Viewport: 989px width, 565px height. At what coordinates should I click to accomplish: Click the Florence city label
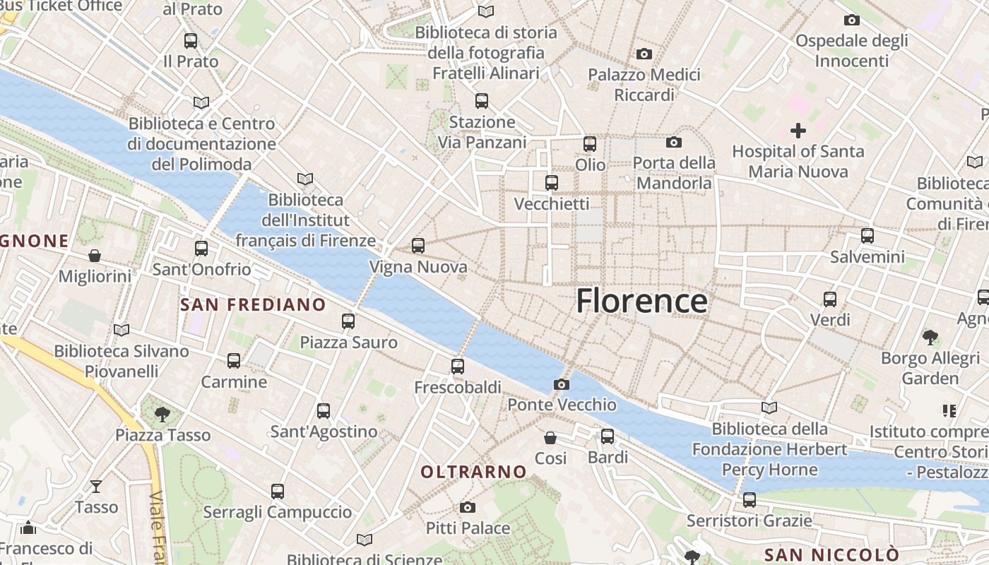tap(641, 301)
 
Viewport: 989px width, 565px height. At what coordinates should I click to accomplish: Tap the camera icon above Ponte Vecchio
tap(562, 384)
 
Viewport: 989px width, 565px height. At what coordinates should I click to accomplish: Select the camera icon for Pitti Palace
tap(467, 507)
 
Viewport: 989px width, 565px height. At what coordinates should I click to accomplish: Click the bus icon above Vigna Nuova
tap(418, 246)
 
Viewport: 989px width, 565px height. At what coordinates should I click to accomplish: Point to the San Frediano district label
tap(253, 305)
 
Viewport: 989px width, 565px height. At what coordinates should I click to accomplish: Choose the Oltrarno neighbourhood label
tap(473, 472)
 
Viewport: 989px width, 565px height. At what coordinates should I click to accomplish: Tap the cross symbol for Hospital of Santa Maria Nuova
tap(798, 131)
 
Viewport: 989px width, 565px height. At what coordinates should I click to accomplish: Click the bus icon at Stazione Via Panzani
tap(482, 101)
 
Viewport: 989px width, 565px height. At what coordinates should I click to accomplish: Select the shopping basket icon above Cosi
tap(550, 438)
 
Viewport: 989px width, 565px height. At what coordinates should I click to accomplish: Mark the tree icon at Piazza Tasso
tap(162, 414)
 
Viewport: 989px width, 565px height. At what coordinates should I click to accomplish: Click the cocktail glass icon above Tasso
tap(96, 486)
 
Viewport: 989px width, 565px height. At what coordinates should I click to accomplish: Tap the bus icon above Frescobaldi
tap(458, 367)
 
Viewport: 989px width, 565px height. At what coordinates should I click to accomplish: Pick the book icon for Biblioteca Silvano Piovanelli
tap(122, 330)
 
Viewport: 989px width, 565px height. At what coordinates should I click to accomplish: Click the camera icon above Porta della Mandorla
tap(674, 142)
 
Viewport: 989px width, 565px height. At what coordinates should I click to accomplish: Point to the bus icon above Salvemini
tap(867, 236)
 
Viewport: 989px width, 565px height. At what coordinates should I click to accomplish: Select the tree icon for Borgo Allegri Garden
tap(930, 338)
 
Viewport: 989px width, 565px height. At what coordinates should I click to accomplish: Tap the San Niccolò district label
tap(831, 554)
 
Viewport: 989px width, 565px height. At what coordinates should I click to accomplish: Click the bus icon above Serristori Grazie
tap(750, 500)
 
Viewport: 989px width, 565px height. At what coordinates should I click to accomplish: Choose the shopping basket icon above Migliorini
tap(95, 255)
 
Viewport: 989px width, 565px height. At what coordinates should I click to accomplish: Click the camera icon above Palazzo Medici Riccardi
tap(644, 54)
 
